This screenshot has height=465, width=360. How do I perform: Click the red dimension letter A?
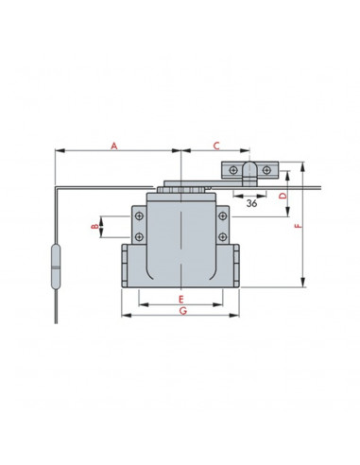114,146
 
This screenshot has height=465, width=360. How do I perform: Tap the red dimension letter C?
216,146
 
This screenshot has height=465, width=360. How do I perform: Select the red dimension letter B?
94,227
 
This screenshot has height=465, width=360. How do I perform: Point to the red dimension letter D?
283,196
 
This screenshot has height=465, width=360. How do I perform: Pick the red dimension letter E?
180,300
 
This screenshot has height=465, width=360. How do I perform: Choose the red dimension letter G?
183,311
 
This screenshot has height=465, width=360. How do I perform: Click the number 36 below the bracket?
251,203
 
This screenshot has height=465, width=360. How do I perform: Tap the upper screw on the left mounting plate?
139,216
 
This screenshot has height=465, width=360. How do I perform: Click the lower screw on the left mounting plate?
139,237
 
